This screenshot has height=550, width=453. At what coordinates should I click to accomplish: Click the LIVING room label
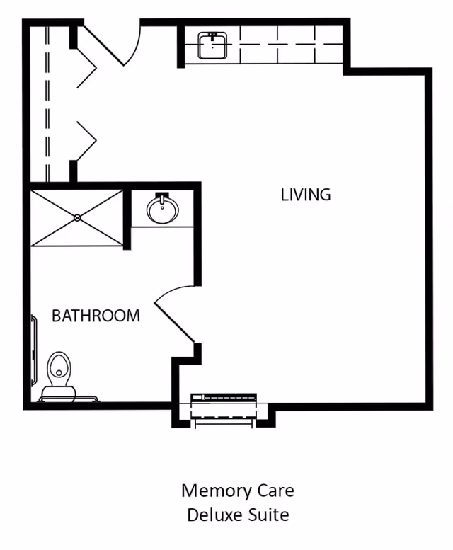[x=306, y=194]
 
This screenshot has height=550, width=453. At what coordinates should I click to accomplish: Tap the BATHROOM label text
[x=96, y=316]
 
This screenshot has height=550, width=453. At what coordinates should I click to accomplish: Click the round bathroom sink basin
[x=163, y=209]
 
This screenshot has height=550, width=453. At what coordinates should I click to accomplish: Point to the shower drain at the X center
[x=77, y=218]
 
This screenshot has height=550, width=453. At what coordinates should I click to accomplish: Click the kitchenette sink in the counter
[x=212, y=45]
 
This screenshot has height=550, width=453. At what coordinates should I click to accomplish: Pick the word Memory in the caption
[x=214, y=490]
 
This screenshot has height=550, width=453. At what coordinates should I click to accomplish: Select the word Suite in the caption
[x=269, y=515]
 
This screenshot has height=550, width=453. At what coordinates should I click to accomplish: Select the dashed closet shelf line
[x=47, y=106]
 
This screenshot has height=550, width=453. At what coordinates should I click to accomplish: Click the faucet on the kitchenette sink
[x=212, y=35]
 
